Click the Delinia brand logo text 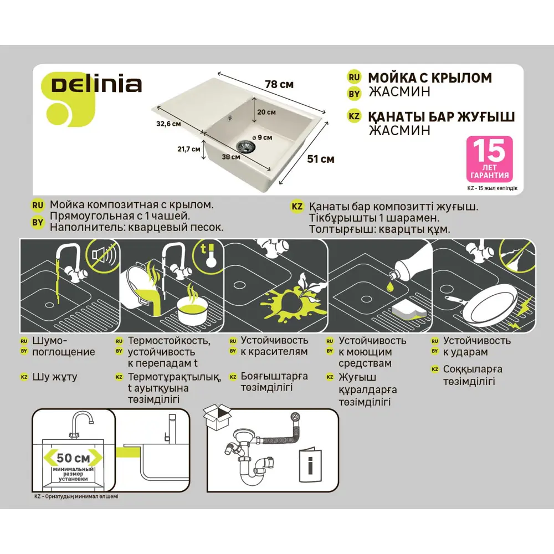[96, 85]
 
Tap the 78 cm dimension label [279, 85]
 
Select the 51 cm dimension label [320, 159]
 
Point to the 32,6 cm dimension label [168, 124]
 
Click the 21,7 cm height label [188, 149]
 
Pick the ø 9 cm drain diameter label [261, 136]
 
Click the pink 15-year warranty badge [489, 159]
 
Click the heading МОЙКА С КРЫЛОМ [430, 78]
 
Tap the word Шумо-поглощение [63, 346]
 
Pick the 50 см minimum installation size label [73, 458]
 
